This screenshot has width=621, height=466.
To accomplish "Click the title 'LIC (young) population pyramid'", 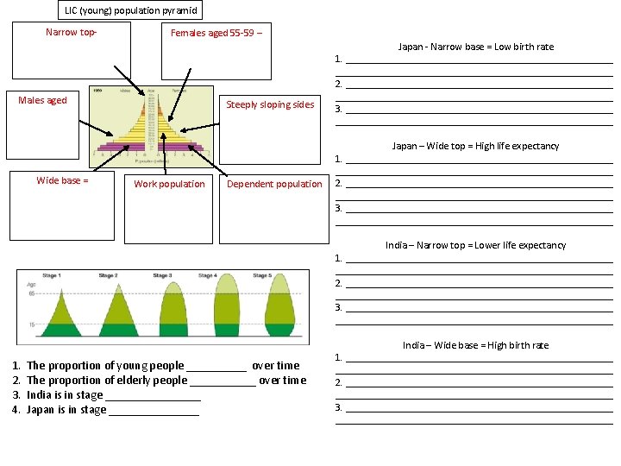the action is tap(131, 10).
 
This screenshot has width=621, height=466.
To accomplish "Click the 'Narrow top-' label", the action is tap(71, 32).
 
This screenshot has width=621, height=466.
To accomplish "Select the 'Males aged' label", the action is tap(42, 100).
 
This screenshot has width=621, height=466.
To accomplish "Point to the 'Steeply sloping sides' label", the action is tap(270, 104).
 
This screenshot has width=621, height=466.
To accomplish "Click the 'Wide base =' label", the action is tap(62, 180).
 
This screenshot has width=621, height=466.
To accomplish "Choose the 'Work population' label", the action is tap(169, 184).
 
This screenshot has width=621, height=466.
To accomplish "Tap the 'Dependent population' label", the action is tap(274, 184).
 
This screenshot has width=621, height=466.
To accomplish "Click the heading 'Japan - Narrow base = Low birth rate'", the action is tap(475, 47).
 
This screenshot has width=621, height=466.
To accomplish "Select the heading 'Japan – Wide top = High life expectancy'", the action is tap(475, 146).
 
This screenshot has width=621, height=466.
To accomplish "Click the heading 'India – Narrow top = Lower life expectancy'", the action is tap(475, 245).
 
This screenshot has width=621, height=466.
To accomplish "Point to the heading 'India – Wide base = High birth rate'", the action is tap(475, 345).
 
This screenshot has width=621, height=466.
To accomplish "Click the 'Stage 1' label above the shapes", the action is tap(51, 276).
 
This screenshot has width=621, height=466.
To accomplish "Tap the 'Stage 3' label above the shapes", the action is tap(162, 276).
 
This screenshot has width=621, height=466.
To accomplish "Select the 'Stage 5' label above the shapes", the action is tap(261, 276).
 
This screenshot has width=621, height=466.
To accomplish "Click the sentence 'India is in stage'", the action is tap(65, 394).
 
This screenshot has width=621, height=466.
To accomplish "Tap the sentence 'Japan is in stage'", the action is tap(66, 409).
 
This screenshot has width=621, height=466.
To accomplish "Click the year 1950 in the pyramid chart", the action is tap(97, 89).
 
